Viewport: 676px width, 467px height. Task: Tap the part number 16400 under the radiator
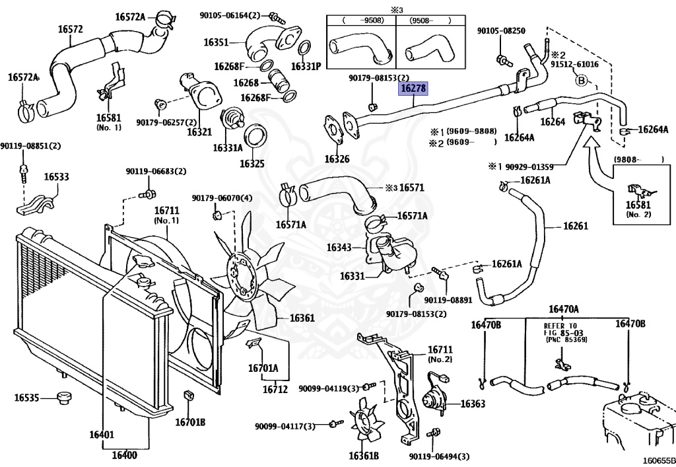pyautogui.click(x=124, y=454)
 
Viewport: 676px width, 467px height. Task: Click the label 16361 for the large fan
pyautogui.click(x=302, y=318)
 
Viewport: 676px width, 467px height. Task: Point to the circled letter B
pyautogui.click(x=582, y=81)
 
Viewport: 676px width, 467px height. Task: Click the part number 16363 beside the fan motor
pyautogui.click(x=472, y=404)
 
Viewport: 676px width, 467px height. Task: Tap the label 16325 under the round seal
pyautogui.click(x=252, y=163)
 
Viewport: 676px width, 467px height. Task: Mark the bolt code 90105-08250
pyautogui.click(x=501, y=31)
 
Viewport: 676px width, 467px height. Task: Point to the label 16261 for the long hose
pyautogui.click(x=575, y=226)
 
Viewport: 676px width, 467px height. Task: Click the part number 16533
pyautogui.click(x=57, y=177)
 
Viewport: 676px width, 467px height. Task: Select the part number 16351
pyautogui.click(x=216, y=42)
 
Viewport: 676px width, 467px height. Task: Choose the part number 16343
pyautogui.click(x=339, y=248)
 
